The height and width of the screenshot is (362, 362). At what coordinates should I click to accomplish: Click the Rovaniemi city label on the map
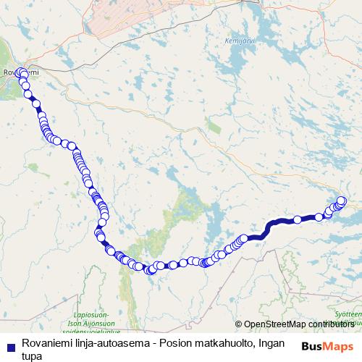pyautogui.click(x=13, y=72)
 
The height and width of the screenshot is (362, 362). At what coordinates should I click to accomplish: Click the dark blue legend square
pyautogui.click(x=9, y=346)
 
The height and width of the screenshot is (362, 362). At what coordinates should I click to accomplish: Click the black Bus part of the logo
pyautogui.click(x=313, y=345)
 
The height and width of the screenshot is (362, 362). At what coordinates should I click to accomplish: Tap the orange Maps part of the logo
pyautogui.click(x=339, y=345)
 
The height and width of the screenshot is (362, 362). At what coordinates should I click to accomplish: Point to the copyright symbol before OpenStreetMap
pyautogui.click(x=238, y=325)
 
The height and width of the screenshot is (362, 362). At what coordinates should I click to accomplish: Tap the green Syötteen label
pyautogui.click(x=348, y=316)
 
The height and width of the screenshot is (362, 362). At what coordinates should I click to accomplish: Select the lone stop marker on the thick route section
pyautogui.click(x=298, y=219)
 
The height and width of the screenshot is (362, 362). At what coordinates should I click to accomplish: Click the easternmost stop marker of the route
pyautogui.click(x=342, y=201)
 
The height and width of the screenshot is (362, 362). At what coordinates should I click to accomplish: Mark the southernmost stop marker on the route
pyautogui.click(x=151, y=271)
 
